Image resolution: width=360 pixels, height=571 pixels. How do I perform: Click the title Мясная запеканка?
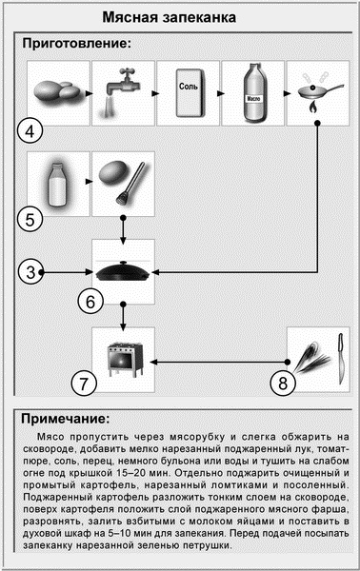(180, 17)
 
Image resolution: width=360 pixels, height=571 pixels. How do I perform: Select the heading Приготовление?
(76, 44)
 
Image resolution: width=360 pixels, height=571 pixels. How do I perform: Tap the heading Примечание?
(68, 418)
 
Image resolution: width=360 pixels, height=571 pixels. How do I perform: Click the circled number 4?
(32, 129)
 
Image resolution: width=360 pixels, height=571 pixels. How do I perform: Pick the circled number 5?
(31, 219)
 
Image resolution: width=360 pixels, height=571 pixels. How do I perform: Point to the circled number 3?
(32, 272)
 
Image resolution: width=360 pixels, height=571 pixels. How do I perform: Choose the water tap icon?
(123, 91)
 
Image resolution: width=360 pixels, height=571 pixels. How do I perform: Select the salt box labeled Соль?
(189, 91)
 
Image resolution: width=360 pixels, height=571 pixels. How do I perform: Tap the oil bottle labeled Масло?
(253, 91)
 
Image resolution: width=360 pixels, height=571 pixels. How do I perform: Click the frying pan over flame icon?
(318, 91)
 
